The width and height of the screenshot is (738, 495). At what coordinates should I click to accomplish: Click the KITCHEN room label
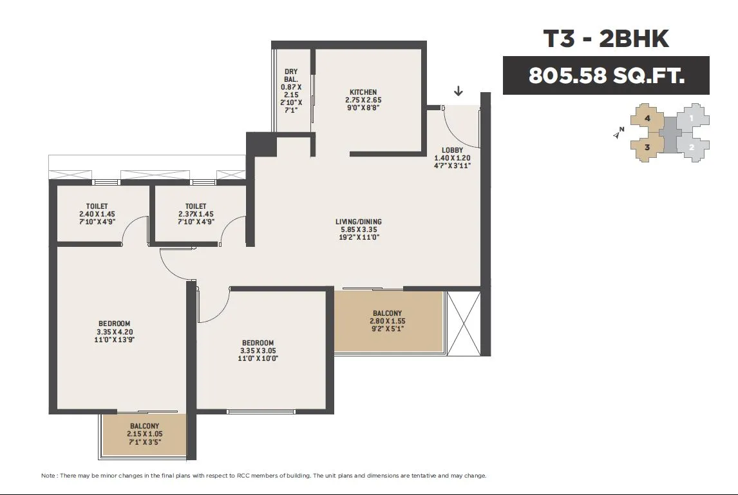point(363,92)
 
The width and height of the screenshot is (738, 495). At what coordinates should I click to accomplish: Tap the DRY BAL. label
point(291,76)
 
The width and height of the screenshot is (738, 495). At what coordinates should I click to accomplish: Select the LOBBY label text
point(452,150)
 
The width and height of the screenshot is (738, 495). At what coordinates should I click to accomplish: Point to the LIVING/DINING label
point(359,221)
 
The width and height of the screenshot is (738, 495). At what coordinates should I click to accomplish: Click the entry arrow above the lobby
point(458,91)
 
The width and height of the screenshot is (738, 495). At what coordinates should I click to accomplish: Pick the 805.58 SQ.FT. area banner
point(606,75)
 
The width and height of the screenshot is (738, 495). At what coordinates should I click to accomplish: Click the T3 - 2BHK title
point(606,39)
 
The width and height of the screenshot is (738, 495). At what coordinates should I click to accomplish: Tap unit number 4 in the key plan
point(648,118)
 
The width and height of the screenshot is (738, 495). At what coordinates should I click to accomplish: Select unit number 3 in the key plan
point(647,148)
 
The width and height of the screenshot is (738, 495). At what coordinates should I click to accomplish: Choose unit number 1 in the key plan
point(692,118)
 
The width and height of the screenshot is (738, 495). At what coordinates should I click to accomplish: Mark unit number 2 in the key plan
point(692,148)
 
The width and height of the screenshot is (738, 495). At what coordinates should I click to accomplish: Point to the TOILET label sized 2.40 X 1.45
point(97,206)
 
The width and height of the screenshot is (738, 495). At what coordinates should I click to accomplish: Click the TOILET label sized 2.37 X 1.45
point(196,206)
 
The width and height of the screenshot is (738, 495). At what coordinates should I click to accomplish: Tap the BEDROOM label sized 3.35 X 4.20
point(115,324)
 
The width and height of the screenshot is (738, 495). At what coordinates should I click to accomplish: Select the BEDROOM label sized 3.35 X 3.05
point(258,343)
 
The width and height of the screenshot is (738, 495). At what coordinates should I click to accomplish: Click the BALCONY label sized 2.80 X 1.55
point(388,313)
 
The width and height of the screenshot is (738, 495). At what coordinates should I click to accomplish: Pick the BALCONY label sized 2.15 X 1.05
point(144,426)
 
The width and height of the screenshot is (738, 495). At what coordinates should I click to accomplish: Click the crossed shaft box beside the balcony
point(463,323)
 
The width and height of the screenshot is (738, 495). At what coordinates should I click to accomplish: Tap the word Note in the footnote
point(48,476)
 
